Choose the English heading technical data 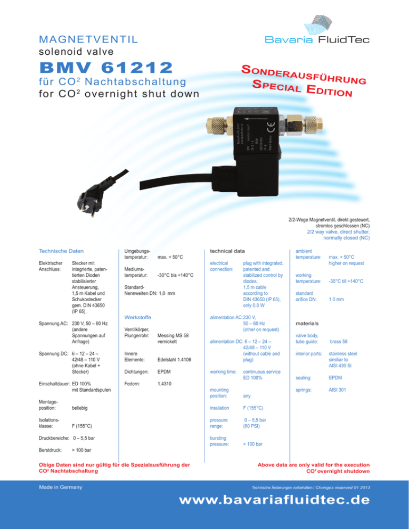point(227,250)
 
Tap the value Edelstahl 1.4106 point(175,375)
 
